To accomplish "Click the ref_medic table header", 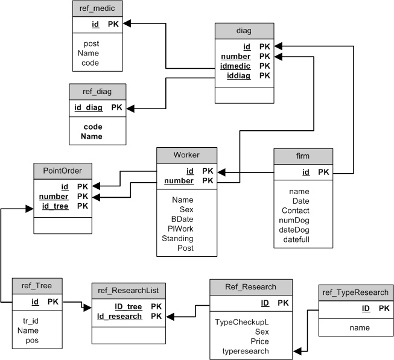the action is tap(97, 8).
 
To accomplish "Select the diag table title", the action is tap(244, 31).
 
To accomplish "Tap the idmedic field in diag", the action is tap(235, 66).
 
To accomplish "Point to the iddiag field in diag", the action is tap(239, 75).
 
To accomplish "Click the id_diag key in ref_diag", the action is tap(89, 107).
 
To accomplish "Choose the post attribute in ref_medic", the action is tap(92, 43).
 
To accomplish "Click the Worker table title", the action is tap(186, 155).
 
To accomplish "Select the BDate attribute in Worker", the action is tap(182, 219).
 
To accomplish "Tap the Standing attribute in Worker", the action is tap(177, 239).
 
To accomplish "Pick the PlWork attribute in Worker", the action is tap(180, 229).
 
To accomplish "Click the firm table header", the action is tap(303, 156).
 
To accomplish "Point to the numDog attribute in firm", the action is tap(294, 221).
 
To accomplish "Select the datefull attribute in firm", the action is tap(296, 239).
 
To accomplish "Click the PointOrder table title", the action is tap(63, 171).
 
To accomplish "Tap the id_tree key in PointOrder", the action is tap(56, 206).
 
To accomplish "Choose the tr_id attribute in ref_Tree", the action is tap(31, 321).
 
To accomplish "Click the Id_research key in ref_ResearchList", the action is tap(119, 317).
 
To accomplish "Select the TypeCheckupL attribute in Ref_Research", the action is tap(242, 322).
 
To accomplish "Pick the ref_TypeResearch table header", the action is tap(355, 292).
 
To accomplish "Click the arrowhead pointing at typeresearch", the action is tap(297, 351).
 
